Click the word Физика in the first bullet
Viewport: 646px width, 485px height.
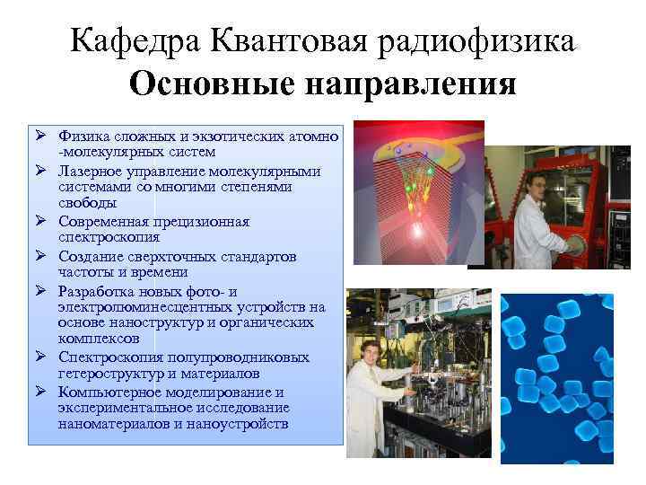(x=83, y=137)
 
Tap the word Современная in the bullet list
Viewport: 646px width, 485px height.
(x=100, y=221)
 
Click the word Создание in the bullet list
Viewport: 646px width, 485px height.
(x=88, y=255)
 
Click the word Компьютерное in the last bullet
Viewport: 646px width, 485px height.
(x=103, y=391)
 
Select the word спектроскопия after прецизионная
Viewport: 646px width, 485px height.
(x=98, y=238)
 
